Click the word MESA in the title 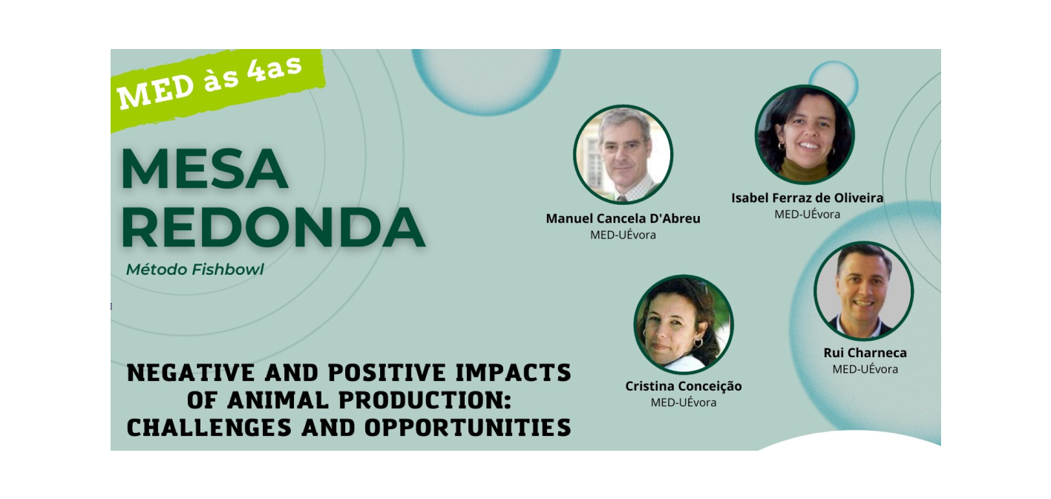(x=205, y=169)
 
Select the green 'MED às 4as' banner (x=217, y=88)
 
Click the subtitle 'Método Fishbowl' (x=194, y=270)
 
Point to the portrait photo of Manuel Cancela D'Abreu (x=623, y=154)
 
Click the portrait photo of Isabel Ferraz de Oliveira (x=805, y=134)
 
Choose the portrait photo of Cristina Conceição (x=684, y=324)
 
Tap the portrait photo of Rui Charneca (x=864, y=291)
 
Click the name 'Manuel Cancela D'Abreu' (x=623, y=218)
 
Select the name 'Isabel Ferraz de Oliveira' (x=807, y=198)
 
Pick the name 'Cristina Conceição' (x=684, y=386)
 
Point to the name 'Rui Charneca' (x=865, y=353)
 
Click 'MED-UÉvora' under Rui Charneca (x=865, y=370)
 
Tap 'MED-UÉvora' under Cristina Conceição (x=684, y=402)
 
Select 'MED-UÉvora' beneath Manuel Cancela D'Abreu (x=623, y=235)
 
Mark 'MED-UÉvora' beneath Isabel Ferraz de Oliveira (x=807, y=215)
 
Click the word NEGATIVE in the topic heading (x=191, y=374)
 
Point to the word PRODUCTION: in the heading (x=425, y=400)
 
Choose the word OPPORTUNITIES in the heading (x=468, y=428)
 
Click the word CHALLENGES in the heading (x=209, y=428)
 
